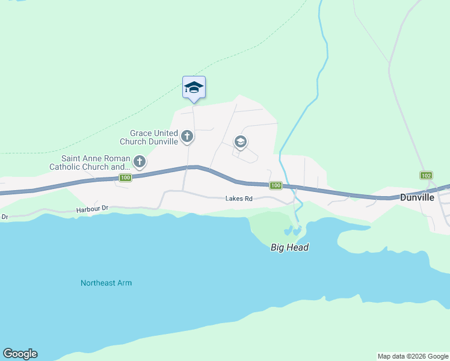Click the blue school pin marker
click(x=194, y=87)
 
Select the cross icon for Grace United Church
click(x=187, y=137)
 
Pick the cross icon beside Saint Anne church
click(x=140, y=161)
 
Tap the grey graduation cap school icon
click(x=240, y=142)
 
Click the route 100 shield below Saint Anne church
click(x=125, y=177)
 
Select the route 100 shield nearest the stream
click(x=276, y=185)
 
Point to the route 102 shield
click(x=426, y=175)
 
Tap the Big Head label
click(x=289, y=247)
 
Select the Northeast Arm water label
click(x=106, y=283)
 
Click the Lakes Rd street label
click(x=238, y=198)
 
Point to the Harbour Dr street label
click(x=91, y=209)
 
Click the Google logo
click(x=20, y=354)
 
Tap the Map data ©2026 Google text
click(x=412, y=356)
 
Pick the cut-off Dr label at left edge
click(x=4, y=216)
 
